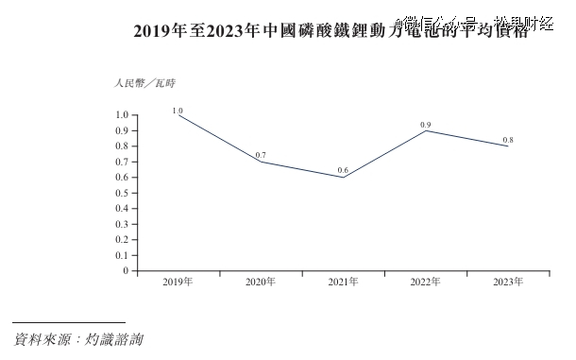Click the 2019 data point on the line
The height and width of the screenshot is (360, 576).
click(178, 115)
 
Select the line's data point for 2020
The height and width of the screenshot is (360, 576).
click(261, 162)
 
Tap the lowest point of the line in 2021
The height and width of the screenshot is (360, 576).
click(343, 178)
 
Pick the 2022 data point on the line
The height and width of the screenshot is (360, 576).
click(425, 130)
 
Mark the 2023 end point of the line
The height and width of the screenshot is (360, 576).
click(507, 146)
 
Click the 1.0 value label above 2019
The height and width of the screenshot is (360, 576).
click(178, 110)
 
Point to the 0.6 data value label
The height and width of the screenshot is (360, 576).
click(343, 170)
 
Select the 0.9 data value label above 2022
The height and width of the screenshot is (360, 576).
click(425, 124)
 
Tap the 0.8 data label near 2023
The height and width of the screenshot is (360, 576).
click(507, 140)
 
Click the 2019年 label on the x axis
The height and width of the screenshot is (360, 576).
click(178, 283)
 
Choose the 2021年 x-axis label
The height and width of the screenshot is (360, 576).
click(343, 283)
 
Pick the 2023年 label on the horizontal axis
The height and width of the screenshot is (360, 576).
click(507, 283)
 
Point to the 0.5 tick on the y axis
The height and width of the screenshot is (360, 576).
click(121, 193)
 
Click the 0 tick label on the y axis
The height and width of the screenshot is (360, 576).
click(124, 271)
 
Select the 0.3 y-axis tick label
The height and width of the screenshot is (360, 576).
click(121, 224)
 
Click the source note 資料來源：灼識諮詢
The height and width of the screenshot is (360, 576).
click(78, 337)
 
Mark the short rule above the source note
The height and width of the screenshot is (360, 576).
click(69, 322)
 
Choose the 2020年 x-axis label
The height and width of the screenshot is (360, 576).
click(261, 283)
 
